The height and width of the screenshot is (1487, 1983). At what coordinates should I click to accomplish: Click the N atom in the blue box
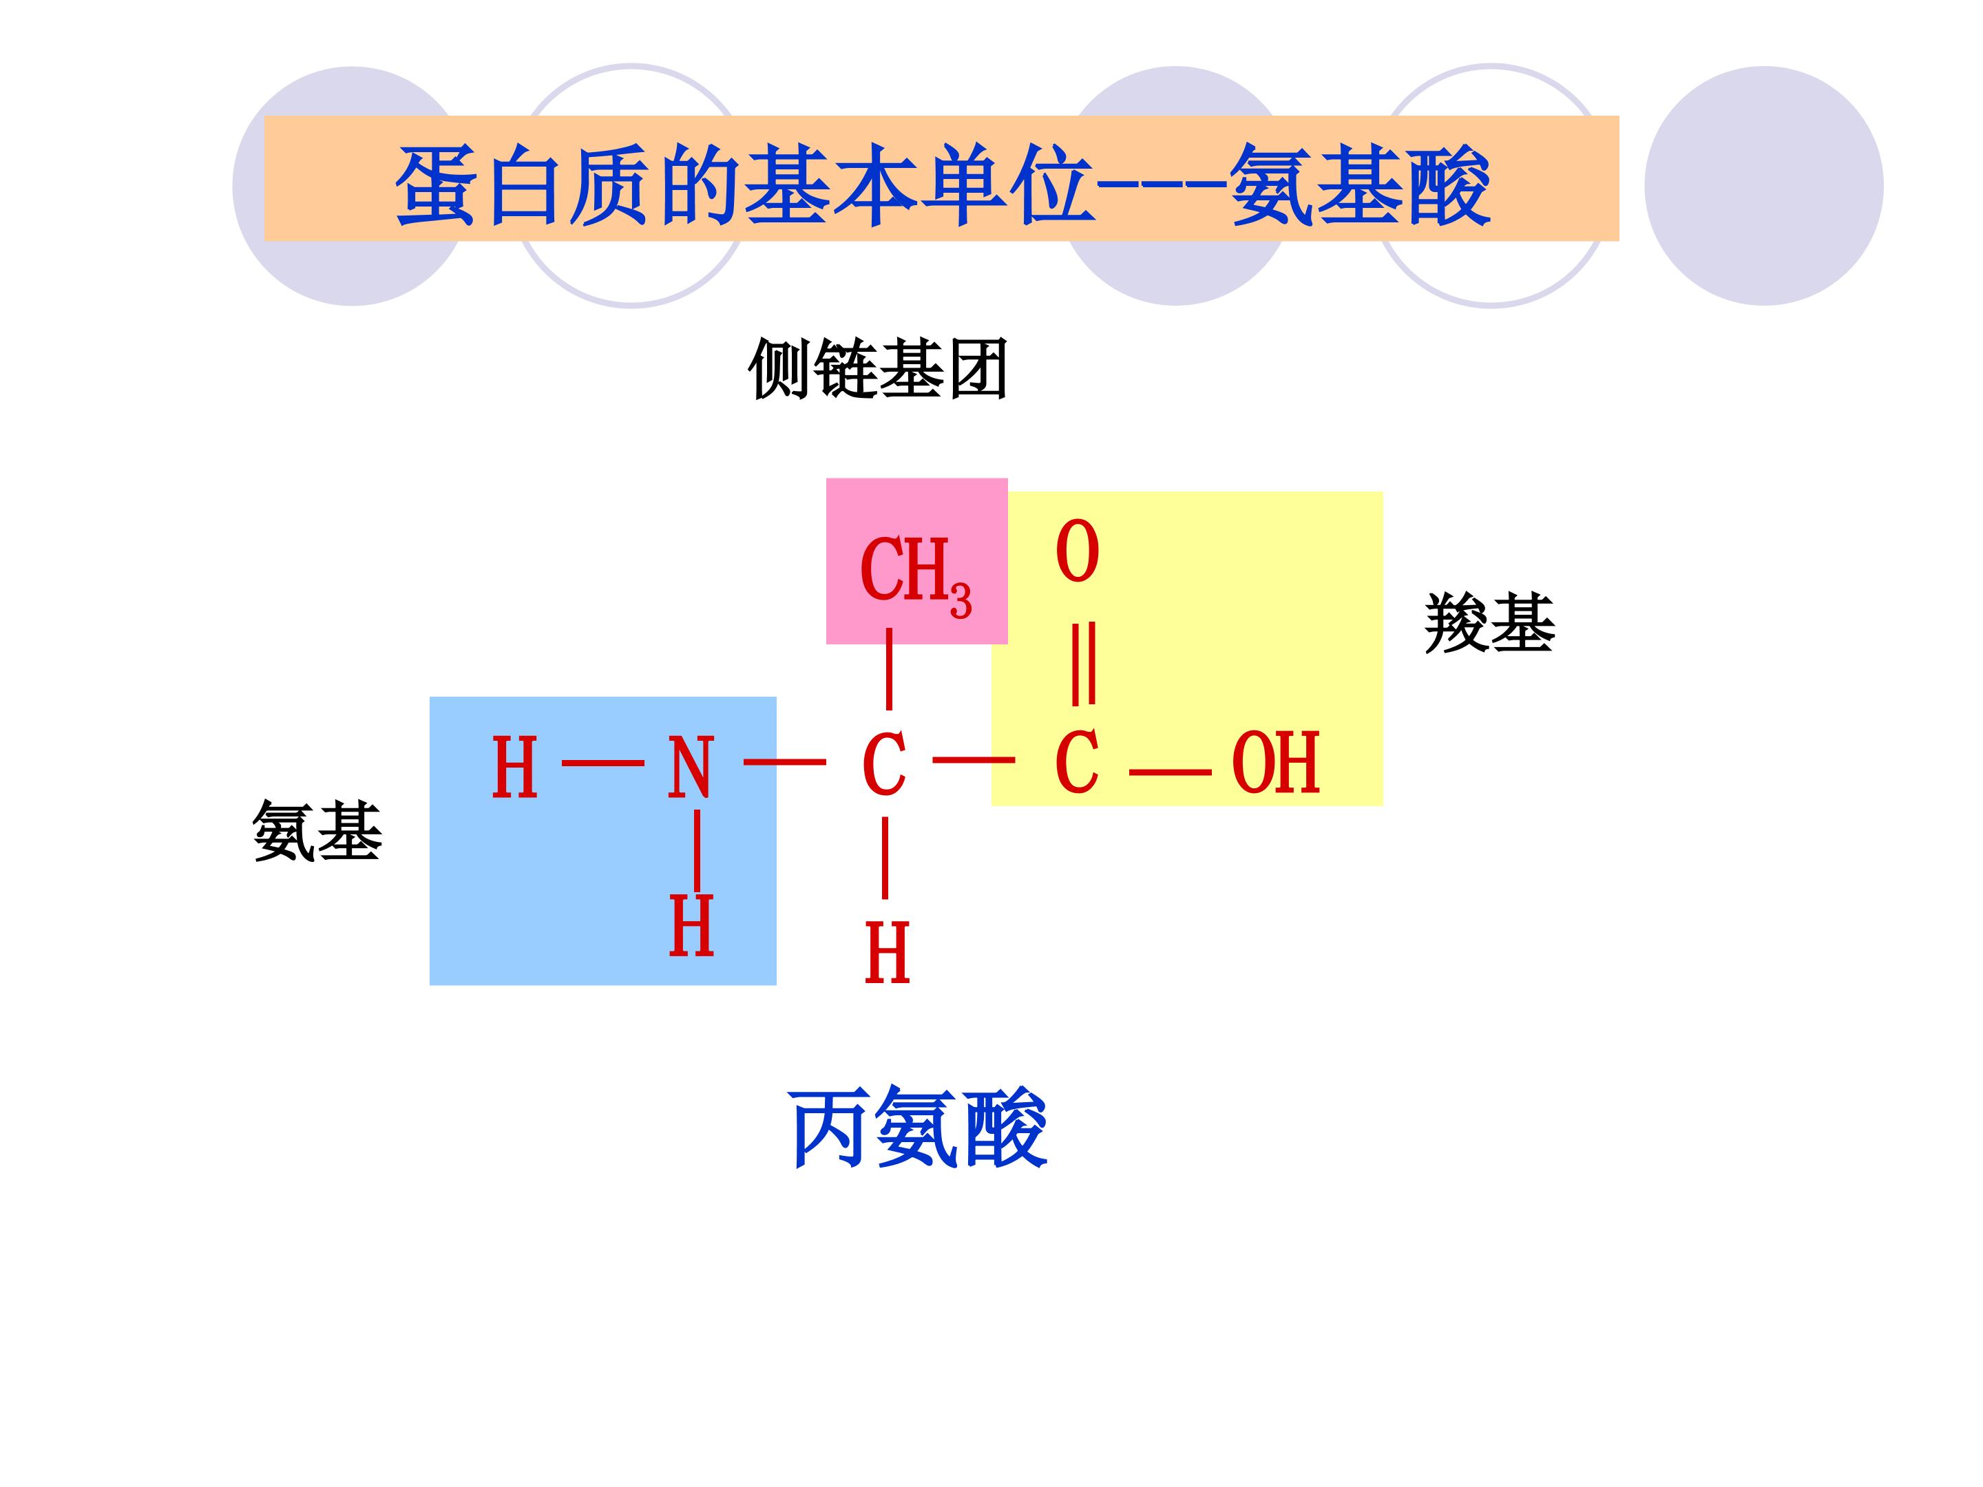coord(691,768)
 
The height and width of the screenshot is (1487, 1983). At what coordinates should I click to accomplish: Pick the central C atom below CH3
coord(884,766)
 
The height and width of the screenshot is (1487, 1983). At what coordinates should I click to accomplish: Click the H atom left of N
coord(514,768)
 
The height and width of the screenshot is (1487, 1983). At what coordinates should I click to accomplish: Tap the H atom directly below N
coord(691,925)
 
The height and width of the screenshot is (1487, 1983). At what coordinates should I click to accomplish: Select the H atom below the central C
coord(887,953)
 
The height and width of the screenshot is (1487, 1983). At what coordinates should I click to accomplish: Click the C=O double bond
coord(1083,663)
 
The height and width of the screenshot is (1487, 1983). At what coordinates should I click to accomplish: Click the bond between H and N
coord(602,763)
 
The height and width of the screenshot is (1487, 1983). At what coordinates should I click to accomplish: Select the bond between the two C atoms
coord(974,761)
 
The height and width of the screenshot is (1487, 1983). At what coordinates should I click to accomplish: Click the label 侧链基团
coord(878,368)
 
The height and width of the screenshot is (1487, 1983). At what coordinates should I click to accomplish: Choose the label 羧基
coord(1490,622)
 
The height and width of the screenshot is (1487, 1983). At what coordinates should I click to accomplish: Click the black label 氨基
coord(317,831)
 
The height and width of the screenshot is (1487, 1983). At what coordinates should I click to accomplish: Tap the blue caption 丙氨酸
coord(918,1127)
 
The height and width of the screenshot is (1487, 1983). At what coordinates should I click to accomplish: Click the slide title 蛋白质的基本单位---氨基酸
coord(943,186)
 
